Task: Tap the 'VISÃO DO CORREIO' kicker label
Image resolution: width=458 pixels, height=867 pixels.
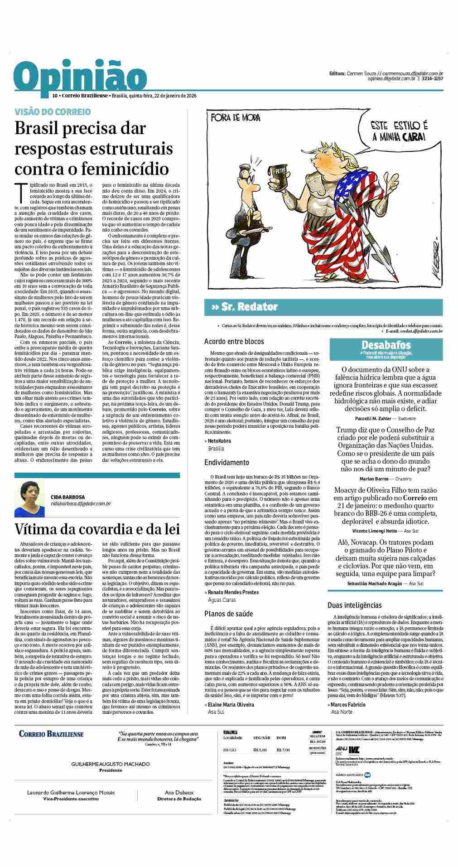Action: [53, 111]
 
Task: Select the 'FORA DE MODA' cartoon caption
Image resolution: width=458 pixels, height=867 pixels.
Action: [236, 118]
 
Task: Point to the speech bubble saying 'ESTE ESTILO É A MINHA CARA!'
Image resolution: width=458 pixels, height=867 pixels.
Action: [393, 130]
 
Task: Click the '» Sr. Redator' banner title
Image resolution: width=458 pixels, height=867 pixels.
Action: [244, 307]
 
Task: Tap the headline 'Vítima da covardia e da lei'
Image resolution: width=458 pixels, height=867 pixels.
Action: [97, 529]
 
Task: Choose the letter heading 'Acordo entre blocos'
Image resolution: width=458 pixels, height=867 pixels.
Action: [234, 341]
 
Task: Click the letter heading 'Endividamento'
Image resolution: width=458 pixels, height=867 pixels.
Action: [227, 463]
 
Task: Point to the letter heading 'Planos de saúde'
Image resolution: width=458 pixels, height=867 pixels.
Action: [228, 614]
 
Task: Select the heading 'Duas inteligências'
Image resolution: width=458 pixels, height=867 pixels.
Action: [354, 605]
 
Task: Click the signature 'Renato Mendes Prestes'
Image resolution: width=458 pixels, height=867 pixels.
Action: [233, 592]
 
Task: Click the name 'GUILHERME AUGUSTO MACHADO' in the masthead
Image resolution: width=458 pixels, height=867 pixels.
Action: [111, 764]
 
